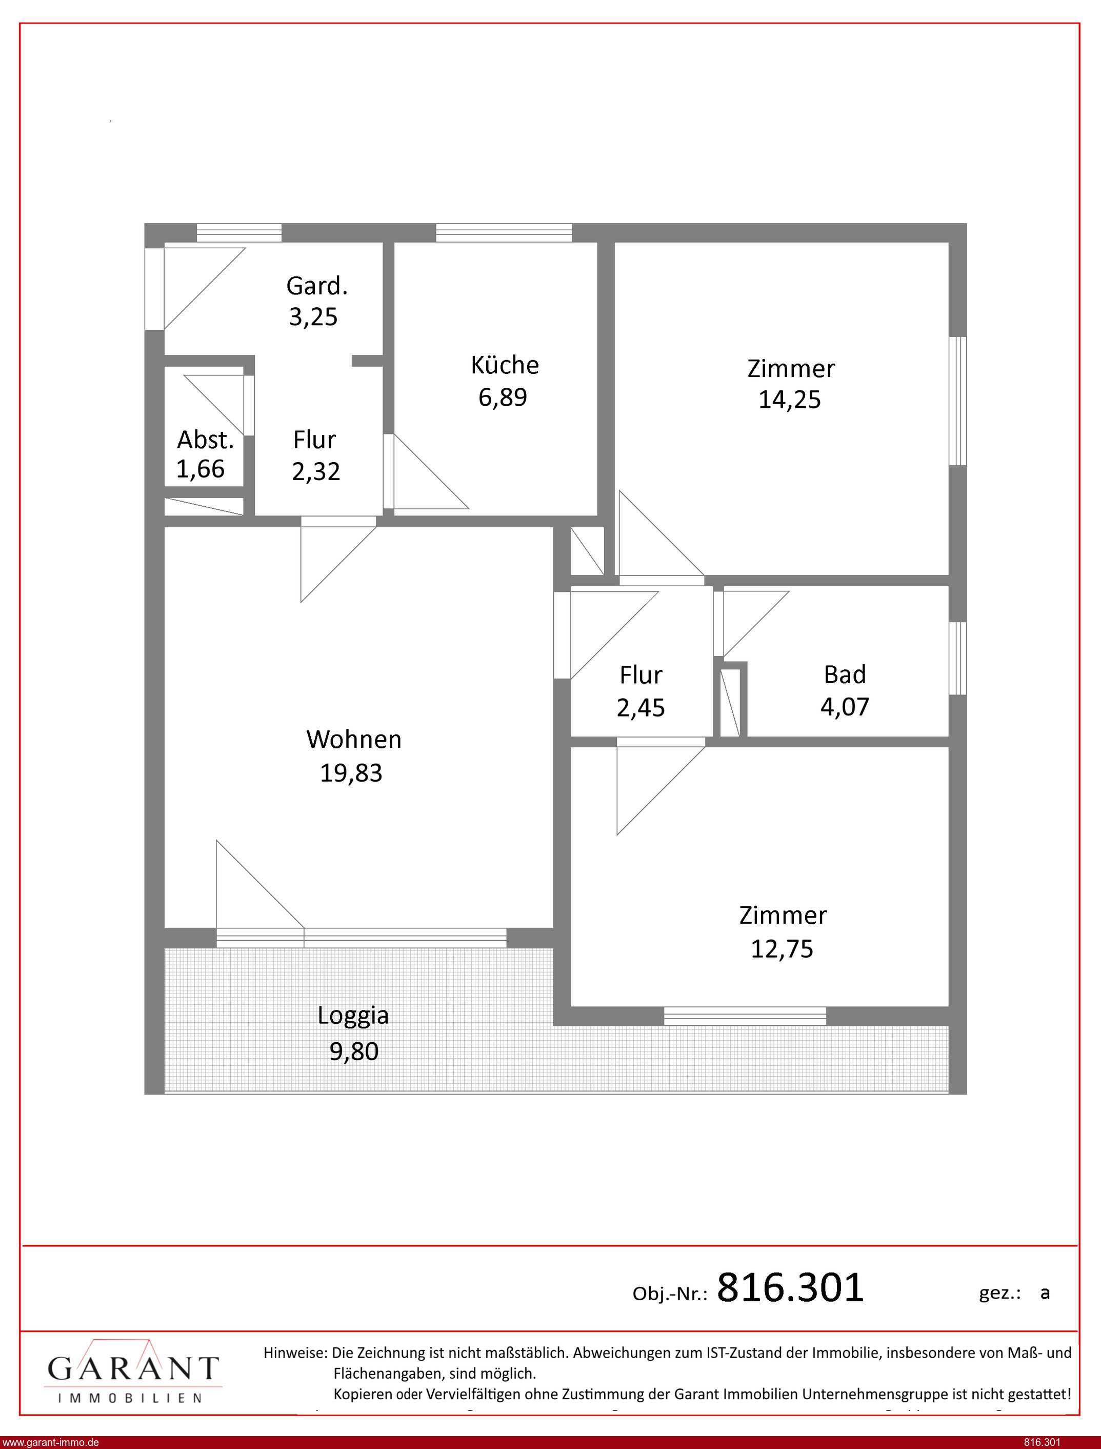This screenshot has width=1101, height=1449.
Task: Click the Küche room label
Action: click(x=505, y=365)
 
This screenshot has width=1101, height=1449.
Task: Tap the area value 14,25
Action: click(x=789, y=400)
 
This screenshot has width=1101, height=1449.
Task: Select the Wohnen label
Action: click(x=354, y=739)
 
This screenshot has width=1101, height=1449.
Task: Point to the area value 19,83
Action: click(x=351, y=773)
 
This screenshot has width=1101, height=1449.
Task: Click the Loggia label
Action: click(x=353, y=1015)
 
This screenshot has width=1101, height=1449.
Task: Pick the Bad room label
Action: click(x=845, y=674)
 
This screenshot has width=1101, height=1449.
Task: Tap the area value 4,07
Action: click(x=845, y=706)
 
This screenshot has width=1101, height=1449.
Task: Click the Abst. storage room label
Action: click(x=205, y=440)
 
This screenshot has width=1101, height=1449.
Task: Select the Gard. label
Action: click(x=316, y=286)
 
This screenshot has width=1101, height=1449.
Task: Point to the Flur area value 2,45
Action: click(x=640, y=708)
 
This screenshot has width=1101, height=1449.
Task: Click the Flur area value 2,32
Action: click(x=316, y=471)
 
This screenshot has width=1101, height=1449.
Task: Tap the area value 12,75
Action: click(x=782, y=949)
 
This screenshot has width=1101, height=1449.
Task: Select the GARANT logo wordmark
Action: click(x=133, y=1368)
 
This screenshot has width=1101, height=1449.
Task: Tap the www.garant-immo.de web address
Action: click(x=50, y=1442)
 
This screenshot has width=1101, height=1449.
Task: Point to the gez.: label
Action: click(x=1000, y=1293)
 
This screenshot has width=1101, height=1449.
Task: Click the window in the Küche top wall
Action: click(x=504, y=233)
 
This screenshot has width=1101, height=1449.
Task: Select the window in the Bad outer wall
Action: click(x=958, y=658)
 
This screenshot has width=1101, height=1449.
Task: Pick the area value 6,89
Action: click(x=503, y=397)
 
